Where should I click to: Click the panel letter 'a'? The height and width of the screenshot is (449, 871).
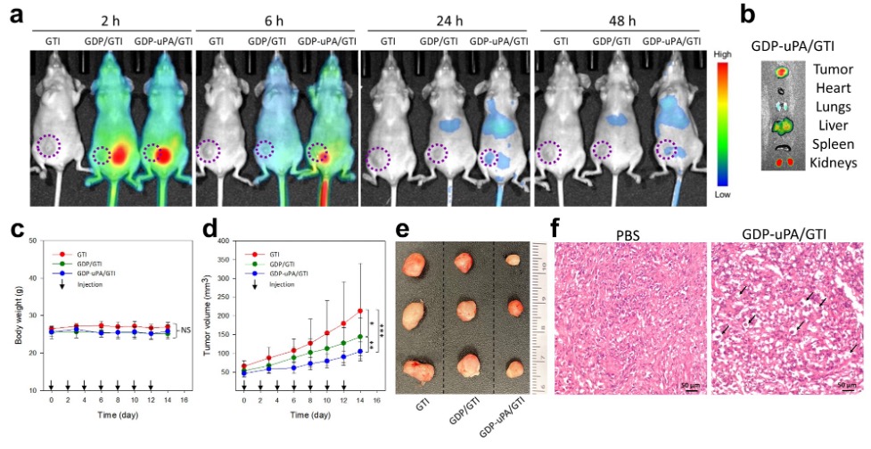[13, 20]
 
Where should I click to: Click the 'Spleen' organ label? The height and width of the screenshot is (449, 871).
[829, 143]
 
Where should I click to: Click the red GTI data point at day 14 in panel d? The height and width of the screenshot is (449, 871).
[359, 311]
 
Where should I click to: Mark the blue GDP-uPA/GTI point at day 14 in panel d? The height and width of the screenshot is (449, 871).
[359, 352]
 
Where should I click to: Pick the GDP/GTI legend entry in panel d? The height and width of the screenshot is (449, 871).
[270, 264]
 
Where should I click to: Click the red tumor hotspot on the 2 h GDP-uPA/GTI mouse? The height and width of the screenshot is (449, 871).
[163, 155]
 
